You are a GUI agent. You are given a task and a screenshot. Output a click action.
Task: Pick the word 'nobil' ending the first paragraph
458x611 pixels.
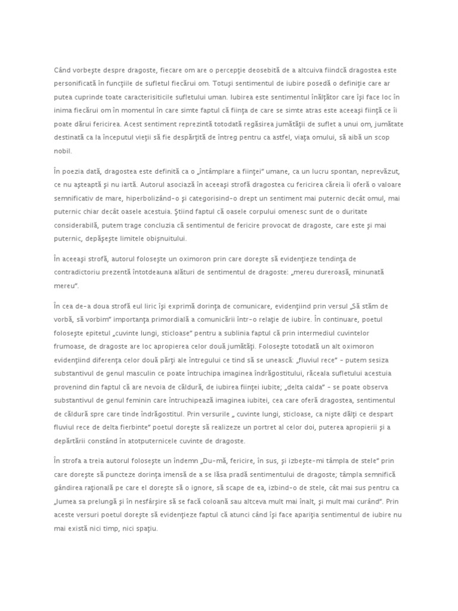point(62,152)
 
